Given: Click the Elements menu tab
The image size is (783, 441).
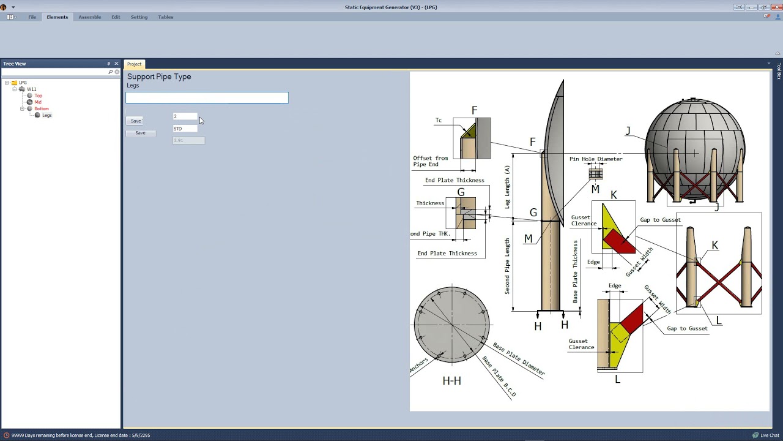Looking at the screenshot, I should (57, 17).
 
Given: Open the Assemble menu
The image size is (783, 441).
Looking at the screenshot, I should (89, 17).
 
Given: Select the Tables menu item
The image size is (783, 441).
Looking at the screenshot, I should (165, 17).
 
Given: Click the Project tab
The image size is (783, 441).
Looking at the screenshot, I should (134, 64).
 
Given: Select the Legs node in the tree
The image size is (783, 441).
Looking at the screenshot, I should (46, 115).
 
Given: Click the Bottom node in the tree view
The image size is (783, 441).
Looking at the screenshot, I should (41, 108).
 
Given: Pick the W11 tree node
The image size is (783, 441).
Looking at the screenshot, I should (31, 89).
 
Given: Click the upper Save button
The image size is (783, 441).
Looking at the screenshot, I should (135, 121).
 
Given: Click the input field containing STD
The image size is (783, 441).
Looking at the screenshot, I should (185, 129).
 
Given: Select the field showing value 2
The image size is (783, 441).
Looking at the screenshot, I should (185, 116).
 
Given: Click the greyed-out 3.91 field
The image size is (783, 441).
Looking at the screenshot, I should (188, 140).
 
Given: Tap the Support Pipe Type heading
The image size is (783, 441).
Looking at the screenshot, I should (159, 77).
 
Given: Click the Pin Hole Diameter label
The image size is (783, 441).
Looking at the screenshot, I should (596, 159).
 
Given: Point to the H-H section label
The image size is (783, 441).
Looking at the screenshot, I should (451, 381).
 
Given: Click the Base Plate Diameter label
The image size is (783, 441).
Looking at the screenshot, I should (519, 360).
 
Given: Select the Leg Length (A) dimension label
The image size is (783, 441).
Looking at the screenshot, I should (507, 187).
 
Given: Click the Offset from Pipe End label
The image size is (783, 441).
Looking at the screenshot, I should (430, 161).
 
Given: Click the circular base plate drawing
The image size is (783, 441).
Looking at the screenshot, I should (451, 324).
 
